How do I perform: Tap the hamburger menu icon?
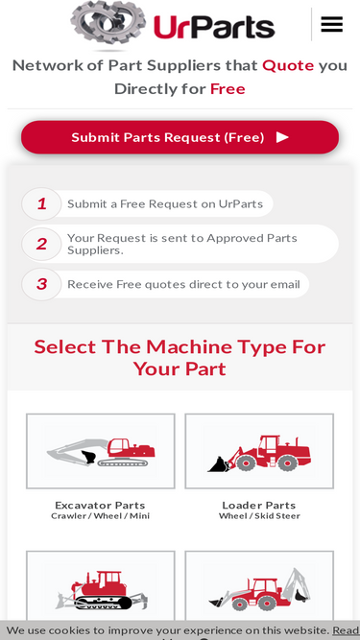331,25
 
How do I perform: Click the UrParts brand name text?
214,26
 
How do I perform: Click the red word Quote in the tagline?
288,65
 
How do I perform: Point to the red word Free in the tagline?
228,88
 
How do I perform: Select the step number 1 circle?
41,203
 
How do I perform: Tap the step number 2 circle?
41,244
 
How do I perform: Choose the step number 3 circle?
41,284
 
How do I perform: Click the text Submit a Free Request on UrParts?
165,203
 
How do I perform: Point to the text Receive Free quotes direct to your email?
183,284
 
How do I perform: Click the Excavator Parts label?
100,506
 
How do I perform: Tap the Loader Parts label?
259,506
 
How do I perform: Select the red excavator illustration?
101,452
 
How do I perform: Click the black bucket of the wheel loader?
218,464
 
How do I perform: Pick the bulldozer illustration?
101,590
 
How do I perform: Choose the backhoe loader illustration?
259,590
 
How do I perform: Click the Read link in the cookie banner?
346,630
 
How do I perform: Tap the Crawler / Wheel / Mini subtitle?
100,516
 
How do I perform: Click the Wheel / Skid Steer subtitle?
259,516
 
